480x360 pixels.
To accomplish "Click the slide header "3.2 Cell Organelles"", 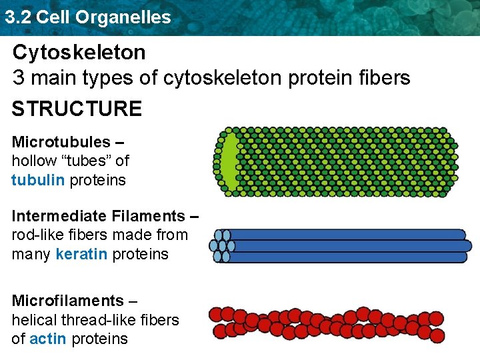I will (x=87, y=17).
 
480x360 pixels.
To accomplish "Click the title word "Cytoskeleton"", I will (x=79, y=52).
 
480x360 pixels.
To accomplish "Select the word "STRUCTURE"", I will (x=77, y=109).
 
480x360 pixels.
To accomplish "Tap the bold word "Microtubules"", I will (x=61, y=142).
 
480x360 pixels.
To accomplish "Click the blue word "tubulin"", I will (x=38, y=180).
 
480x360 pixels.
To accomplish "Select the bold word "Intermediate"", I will (x=55, y=216).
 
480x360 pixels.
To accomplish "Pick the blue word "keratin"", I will (x=81, y=254).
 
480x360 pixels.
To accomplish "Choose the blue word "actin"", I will (x=49, y=339).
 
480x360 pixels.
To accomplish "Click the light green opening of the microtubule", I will (x=229, y=162).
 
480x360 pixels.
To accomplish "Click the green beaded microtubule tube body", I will (x=347, y=162).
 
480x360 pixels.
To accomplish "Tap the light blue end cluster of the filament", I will (x=221, y=246).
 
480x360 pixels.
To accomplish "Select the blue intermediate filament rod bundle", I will (x=347, y=246).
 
